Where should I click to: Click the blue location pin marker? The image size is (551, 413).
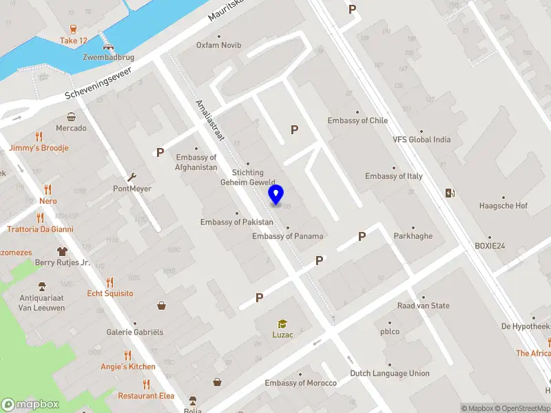point(276,195)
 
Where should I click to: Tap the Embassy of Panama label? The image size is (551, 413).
point(288,236)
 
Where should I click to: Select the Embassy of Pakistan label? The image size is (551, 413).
point(237,222)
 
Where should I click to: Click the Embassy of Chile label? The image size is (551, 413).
point(357,120)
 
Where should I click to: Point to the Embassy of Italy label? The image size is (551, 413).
point(394,176)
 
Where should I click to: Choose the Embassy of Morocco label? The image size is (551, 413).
point(301,383)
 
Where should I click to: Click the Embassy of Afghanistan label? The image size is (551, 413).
point(196,162)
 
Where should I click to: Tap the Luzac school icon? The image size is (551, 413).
point(282,324)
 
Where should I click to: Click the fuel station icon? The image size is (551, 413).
point(450,193)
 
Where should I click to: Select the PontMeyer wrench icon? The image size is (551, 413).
point(132,177)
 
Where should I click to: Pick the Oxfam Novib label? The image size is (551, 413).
point(218,45)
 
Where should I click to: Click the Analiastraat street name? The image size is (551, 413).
point(210,120)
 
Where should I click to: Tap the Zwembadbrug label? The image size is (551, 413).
point(107,58)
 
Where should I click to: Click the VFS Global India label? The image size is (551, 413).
point(422,139)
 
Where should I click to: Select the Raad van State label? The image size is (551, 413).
point(424,306)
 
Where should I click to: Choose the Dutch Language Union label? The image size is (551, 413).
point(390,374)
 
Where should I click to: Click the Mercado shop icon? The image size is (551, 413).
point(71,117)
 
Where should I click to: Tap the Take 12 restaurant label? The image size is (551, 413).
point(74,41)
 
